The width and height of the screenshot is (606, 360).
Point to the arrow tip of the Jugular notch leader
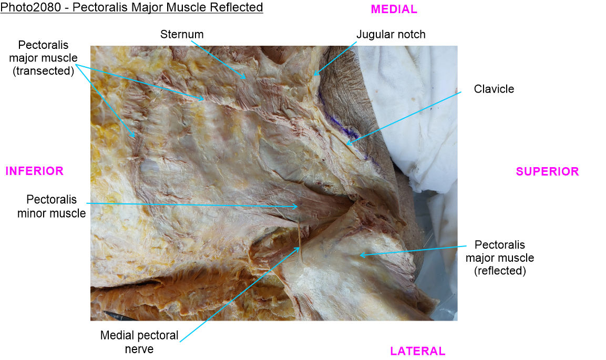313,75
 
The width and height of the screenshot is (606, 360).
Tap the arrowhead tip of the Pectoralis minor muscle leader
298,207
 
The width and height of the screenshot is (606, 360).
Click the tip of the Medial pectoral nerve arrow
300,248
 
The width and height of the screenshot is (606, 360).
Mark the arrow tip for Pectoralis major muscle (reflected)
360,255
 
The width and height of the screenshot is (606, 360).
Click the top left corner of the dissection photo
90,46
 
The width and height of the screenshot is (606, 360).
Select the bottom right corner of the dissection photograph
458,321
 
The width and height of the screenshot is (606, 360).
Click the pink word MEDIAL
394,9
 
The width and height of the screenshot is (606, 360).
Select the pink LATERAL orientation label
417,351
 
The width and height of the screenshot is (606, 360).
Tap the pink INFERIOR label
34,171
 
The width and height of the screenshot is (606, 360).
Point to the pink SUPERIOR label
547,171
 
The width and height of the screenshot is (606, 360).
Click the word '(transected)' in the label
43,71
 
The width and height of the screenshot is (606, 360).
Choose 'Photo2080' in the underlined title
30,7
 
